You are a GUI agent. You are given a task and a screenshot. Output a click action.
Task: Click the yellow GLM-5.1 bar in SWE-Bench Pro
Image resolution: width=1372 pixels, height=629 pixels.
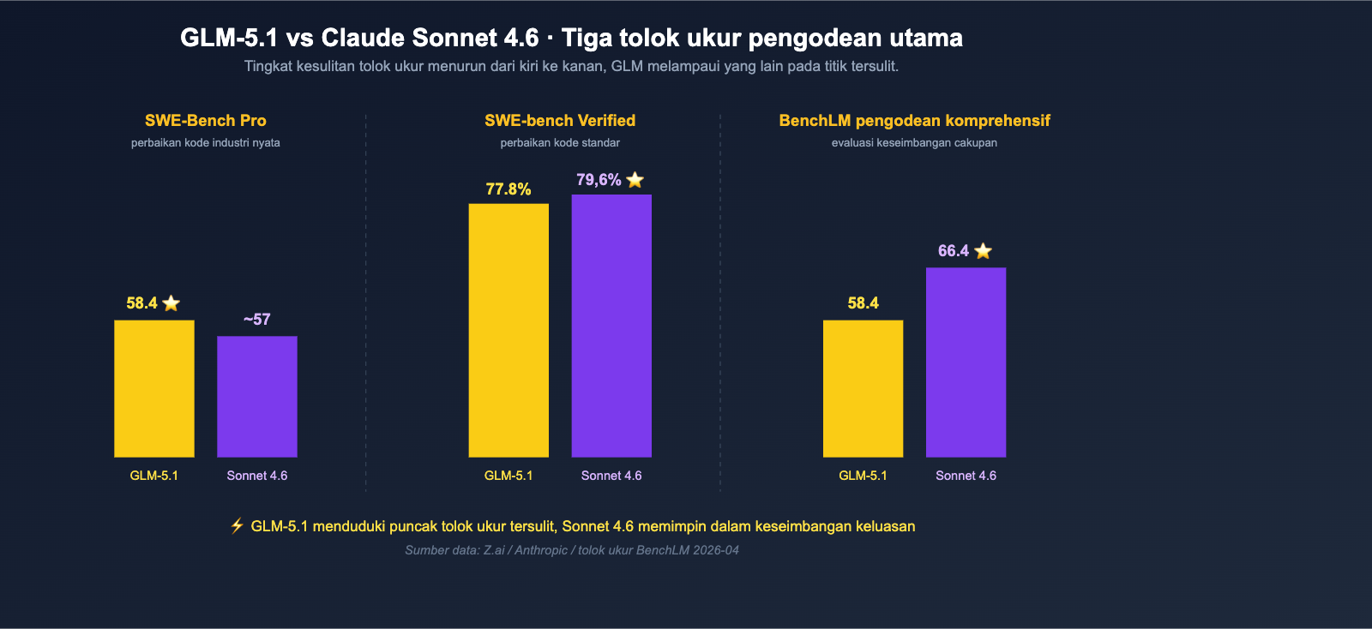[154, 388]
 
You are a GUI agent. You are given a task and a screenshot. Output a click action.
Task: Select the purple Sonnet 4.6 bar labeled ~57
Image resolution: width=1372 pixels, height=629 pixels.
[257, 396]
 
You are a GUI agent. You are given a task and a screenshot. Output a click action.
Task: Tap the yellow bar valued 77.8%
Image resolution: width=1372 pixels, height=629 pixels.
[508, 330]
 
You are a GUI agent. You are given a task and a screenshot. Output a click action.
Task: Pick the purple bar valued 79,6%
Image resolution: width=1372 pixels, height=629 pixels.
[611, 326]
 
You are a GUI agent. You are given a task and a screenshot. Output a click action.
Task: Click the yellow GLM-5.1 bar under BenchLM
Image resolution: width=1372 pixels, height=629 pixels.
[863, 388]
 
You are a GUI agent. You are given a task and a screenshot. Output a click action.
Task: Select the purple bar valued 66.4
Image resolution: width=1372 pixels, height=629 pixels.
[966, 362]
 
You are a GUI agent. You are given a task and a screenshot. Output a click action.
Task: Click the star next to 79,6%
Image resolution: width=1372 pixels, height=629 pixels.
[635, 180]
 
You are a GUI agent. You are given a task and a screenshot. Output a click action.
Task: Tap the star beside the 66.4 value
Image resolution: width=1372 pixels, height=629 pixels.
[984, 251]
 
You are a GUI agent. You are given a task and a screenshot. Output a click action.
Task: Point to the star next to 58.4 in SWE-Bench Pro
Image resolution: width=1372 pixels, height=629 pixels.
[171, 303]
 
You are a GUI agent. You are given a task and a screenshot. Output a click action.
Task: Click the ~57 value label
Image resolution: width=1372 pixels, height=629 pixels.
[256, 320]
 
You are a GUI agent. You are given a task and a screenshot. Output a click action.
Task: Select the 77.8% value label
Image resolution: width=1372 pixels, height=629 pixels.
[508, 189]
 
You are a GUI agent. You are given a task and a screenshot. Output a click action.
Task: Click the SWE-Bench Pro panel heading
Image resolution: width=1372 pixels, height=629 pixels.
[206, 121]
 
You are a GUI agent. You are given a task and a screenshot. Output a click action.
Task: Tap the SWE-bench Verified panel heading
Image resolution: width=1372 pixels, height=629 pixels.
[560, 121]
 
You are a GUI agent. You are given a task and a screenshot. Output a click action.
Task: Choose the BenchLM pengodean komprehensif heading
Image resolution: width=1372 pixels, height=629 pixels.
[914, 121]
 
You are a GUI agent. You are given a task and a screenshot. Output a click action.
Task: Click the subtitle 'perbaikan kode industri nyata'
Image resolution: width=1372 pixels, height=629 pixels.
[206, 143]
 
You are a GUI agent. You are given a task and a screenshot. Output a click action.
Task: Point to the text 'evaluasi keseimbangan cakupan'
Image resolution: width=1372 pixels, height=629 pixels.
[914, 143]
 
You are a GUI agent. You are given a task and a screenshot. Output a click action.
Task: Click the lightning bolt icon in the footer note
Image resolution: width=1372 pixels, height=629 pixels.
[238, 525]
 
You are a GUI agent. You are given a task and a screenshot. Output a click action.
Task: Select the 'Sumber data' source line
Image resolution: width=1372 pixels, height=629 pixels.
[572, 550]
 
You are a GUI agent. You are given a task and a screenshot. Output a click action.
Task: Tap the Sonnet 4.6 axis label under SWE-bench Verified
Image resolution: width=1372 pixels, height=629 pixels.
[611, 476]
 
